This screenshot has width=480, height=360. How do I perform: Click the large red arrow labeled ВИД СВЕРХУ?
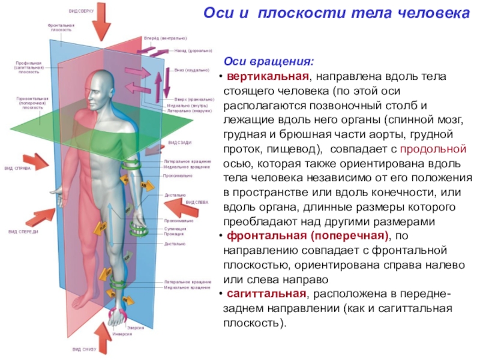[x=102, y=23]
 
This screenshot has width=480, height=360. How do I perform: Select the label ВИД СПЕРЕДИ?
[x=23, y=231]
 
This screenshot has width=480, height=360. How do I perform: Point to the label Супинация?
[x=175, y=229]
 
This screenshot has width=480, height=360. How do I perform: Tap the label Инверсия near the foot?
[x=122, y=334]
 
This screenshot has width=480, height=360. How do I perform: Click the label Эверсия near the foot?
[x=136, y=328]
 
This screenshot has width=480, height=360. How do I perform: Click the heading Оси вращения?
[x=268, y=62]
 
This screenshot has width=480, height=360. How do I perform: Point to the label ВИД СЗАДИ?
[x=179, y=142]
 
